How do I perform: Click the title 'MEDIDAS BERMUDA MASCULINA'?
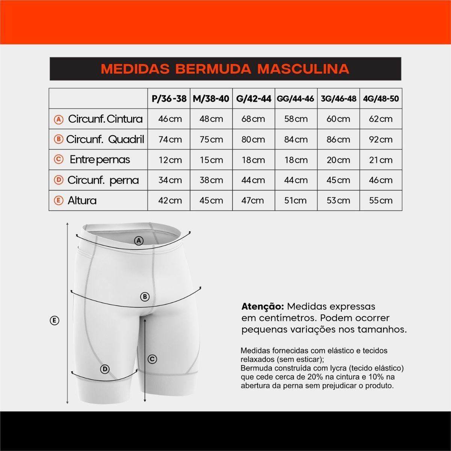point(225,69)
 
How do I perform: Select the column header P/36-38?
point(169,99)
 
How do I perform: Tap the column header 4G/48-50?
point(381,99)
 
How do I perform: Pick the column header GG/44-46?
point(295,99)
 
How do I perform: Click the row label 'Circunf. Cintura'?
point(105,119)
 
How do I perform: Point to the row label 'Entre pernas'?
point(100,160)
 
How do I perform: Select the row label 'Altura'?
point(82,200)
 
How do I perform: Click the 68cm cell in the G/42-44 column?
point(253,119)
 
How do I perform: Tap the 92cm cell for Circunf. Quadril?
point(381,139)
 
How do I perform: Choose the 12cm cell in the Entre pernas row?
point(170,160)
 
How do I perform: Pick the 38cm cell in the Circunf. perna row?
point(211,180)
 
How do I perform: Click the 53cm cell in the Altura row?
point(338,200)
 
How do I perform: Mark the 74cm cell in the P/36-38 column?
point(170,139)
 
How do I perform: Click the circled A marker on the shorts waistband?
point(139,241)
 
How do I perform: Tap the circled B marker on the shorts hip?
point(145,297)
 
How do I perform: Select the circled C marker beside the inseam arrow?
point(152,359)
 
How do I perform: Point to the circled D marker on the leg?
point(105,369)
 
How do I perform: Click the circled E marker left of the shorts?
point(54,321)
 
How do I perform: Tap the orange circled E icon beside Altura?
point(59,200)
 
